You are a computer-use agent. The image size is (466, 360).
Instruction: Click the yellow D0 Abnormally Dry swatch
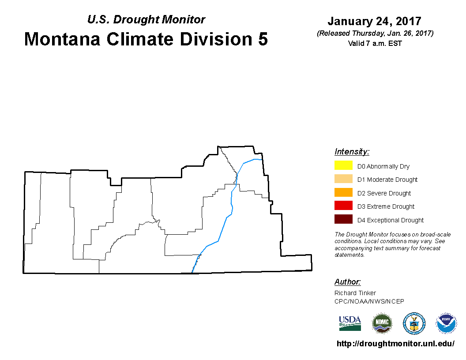point(343,165)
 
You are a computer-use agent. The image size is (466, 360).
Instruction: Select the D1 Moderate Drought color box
point(343,179)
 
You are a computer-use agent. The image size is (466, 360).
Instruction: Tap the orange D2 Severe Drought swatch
point(343,192)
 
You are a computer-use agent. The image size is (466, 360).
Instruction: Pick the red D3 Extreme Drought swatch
point(343,206)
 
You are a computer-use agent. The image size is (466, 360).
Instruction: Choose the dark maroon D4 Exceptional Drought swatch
point(343,219)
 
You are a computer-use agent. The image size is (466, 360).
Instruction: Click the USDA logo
point(350,323)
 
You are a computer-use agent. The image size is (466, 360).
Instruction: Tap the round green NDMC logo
point(382,323)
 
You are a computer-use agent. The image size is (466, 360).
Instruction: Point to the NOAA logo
point(446,323)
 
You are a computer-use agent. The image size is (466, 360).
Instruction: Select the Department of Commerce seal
point(414,323)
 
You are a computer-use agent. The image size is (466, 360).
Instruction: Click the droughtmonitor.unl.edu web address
point(395,344)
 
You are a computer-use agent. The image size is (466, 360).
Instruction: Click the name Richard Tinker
point(355,293)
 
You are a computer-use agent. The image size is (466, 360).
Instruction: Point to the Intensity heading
point(352,151)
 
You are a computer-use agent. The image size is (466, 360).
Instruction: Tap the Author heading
point(347,281)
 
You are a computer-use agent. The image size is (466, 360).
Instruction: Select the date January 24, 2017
point(375,21)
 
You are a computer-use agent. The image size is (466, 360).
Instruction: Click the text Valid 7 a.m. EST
point(375,43)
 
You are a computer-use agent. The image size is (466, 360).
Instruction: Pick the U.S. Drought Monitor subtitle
point(146,19)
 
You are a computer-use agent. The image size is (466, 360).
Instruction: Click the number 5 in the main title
point(263,39)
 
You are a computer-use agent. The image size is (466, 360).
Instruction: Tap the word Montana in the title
point(62,39)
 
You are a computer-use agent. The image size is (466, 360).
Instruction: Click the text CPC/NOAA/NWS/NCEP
point(369,301)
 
